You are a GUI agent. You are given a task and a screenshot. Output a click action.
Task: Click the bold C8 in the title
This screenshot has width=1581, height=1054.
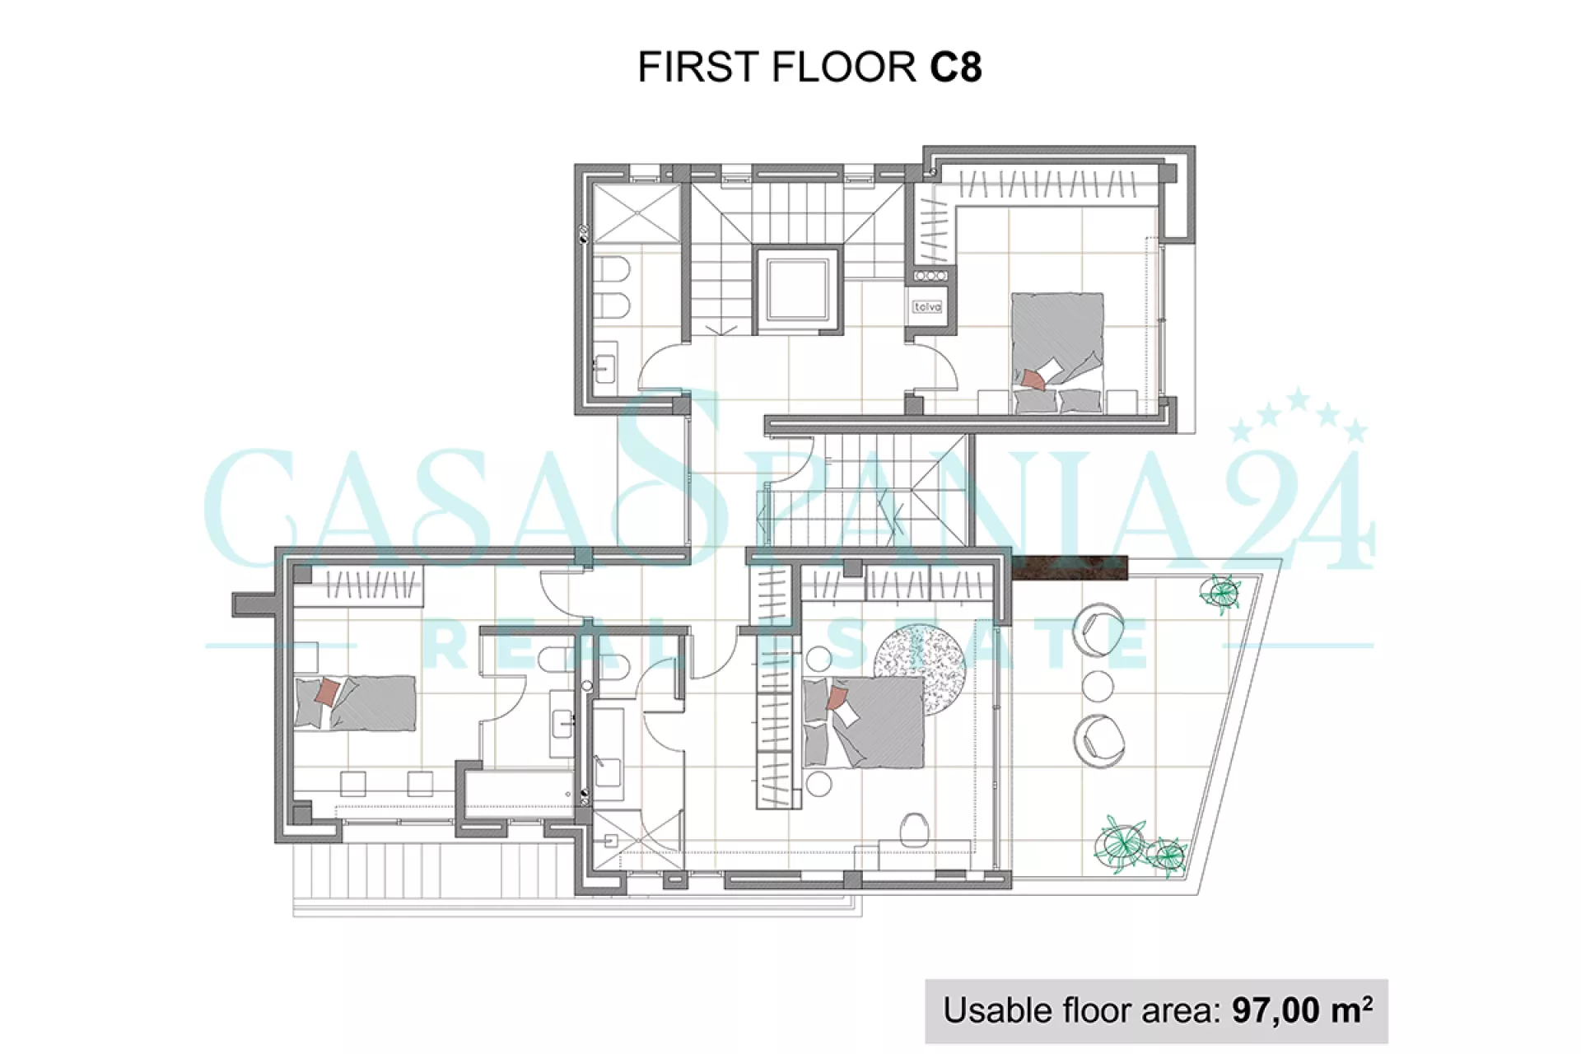coord(956,67)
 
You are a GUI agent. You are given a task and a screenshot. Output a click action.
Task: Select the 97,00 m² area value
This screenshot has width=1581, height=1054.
coord(1302,1010)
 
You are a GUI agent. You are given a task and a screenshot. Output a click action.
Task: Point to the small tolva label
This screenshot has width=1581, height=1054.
coord(927,307)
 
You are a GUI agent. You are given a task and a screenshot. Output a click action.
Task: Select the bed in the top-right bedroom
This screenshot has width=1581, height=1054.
coord(1057,352)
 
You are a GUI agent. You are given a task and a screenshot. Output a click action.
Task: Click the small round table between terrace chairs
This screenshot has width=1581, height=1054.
coord(1098,685)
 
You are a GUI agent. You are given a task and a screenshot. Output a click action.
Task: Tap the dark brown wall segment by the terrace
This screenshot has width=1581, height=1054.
coord(1069,568)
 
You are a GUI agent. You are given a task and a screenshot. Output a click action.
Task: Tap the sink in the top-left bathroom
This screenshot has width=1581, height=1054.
coord(605,363)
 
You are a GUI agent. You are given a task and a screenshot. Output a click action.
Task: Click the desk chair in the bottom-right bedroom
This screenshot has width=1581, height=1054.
coord(913,829)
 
